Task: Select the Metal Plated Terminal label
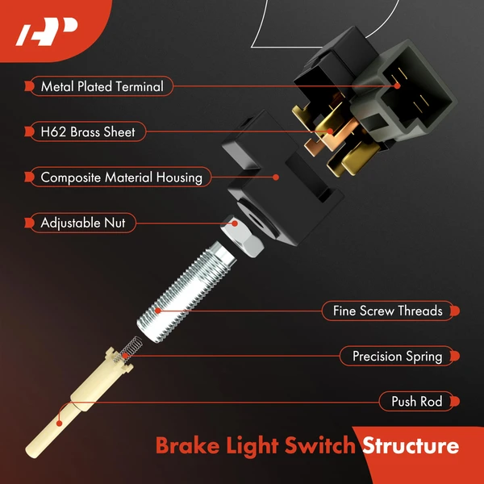tap(102, 86)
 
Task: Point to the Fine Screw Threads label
tap(387, 311)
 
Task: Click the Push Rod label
tap(416, 401)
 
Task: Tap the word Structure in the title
tap(411, 445)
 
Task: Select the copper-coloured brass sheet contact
tap(331, 133)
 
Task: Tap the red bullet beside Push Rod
tap(456, 401)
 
